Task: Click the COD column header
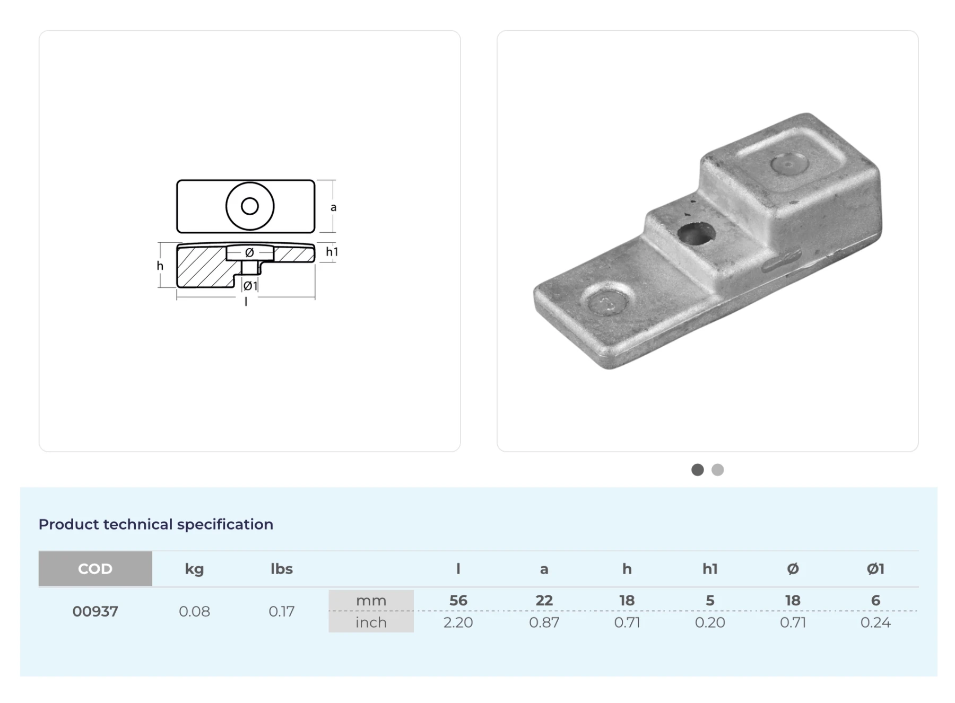click(x=95, y=569)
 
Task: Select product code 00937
click(x=95, y=611)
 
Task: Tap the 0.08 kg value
click(x=194, y=611)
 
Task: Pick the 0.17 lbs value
click(x=281, y=611)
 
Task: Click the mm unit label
click(x=371, y=601)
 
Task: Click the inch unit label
click(x=371, y=622)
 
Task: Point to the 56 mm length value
click(x=458, y=600)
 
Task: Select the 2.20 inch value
click(x=458, y=622)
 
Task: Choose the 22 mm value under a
click(x=544, y=600)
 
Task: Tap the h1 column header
click(x=710, y=569)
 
